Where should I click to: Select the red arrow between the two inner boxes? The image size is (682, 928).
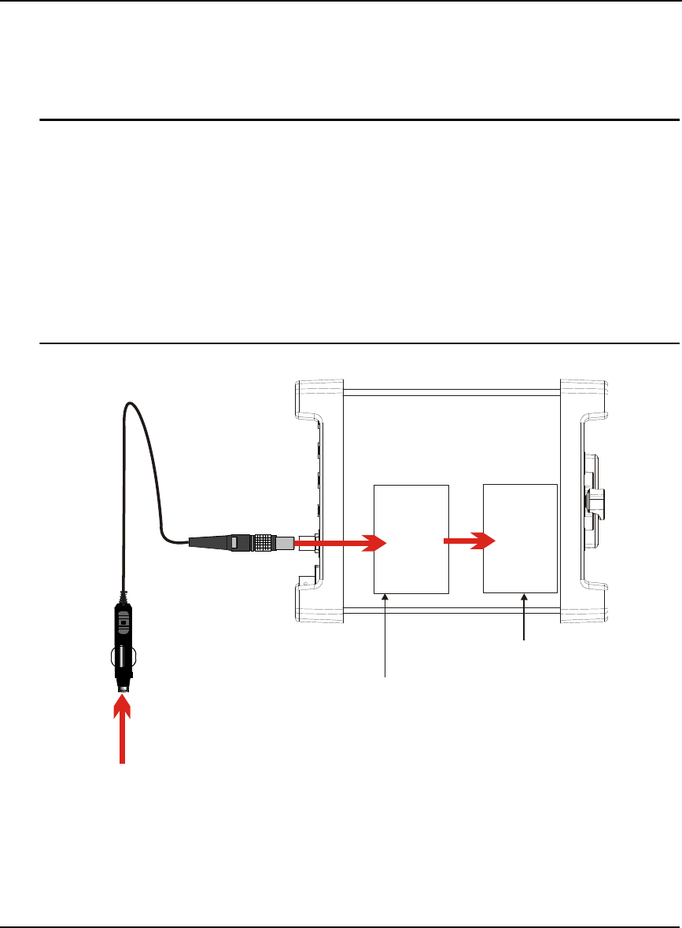pos(470,541)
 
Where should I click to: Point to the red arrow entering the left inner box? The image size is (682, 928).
pos(343,541)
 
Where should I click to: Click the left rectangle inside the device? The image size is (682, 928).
pos(410,539)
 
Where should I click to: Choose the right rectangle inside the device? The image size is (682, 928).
pos(520,538)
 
